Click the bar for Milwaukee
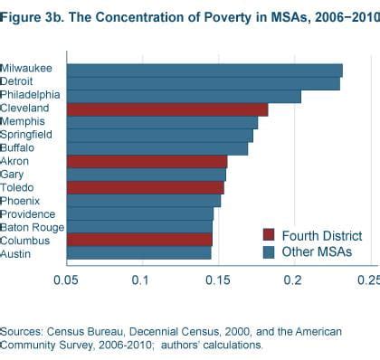coord(204,70)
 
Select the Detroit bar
coord(204,83)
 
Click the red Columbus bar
coord(139,240)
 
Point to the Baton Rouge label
coord(32,227)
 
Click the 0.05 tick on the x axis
coord(65,280)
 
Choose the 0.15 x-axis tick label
coord(216,280)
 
